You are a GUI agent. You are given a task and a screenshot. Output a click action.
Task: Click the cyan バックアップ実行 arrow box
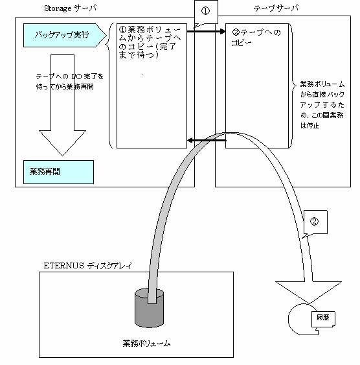tap(64, 35)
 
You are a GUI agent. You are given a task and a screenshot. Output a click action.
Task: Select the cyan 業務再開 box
tap(58, 172)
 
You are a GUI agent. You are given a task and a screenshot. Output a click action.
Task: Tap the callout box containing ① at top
tap(206, 12)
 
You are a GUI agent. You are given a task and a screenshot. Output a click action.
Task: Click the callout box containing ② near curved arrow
tap(315, 222)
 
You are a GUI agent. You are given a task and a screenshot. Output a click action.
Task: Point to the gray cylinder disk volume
tap(149, 308)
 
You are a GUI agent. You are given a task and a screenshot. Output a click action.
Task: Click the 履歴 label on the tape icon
tap(323, 318)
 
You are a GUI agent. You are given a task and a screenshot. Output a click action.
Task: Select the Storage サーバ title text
tap(70, 8)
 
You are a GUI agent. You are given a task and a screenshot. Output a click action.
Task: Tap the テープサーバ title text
tap(276, 8)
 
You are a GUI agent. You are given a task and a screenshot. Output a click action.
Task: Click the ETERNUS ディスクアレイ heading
tap(88, 266)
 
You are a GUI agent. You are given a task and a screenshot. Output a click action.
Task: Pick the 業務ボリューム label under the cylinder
tap(146, 344)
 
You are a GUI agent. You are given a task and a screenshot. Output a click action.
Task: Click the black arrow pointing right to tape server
tap(206, 31)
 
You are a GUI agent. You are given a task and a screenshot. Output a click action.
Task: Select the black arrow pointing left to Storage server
tap(207, 141)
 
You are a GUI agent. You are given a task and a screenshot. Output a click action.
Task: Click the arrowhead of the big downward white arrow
tap(62, 143)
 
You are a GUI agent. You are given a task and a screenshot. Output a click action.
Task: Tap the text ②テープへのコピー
tap(256, 38)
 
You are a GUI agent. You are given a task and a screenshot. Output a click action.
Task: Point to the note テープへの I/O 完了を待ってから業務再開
tap(69, 82)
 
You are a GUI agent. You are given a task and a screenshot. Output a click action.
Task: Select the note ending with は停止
tap(322, 105)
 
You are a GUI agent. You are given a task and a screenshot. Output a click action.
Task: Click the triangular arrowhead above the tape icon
tap(309, 292)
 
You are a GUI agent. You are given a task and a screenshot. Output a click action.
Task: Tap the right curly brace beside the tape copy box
tap(293, 86)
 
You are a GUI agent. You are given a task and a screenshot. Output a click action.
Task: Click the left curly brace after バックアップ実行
tap(109, 86)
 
